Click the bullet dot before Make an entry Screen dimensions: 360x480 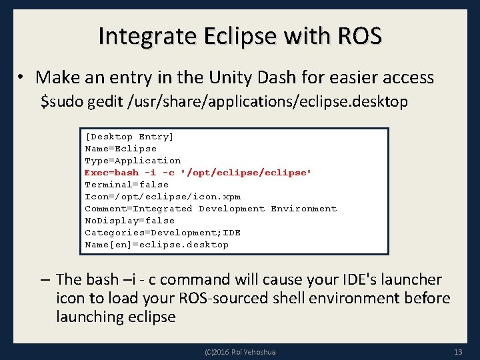(x=22, y=78)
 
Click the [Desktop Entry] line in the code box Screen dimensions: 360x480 (x=129, y=137)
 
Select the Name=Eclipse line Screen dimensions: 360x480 (x=120, y=149)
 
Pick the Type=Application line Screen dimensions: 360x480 (x=132, y=161)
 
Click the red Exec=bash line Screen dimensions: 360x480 (x=197, y=173)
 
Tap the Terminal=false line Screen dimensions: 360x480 (x=126, y=185)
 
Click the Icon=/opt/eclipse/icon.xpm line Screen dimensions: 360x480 (x=162, y=197)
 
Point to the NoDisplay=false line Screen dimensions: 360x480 (x=129, y=221)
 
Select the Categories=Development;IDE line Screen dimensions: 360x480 (x=162, y=233)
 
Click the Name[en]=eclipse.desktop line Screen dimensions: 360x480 (x=156, y=245)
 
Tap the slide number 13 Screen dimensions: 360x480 (x=457, y=351)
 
